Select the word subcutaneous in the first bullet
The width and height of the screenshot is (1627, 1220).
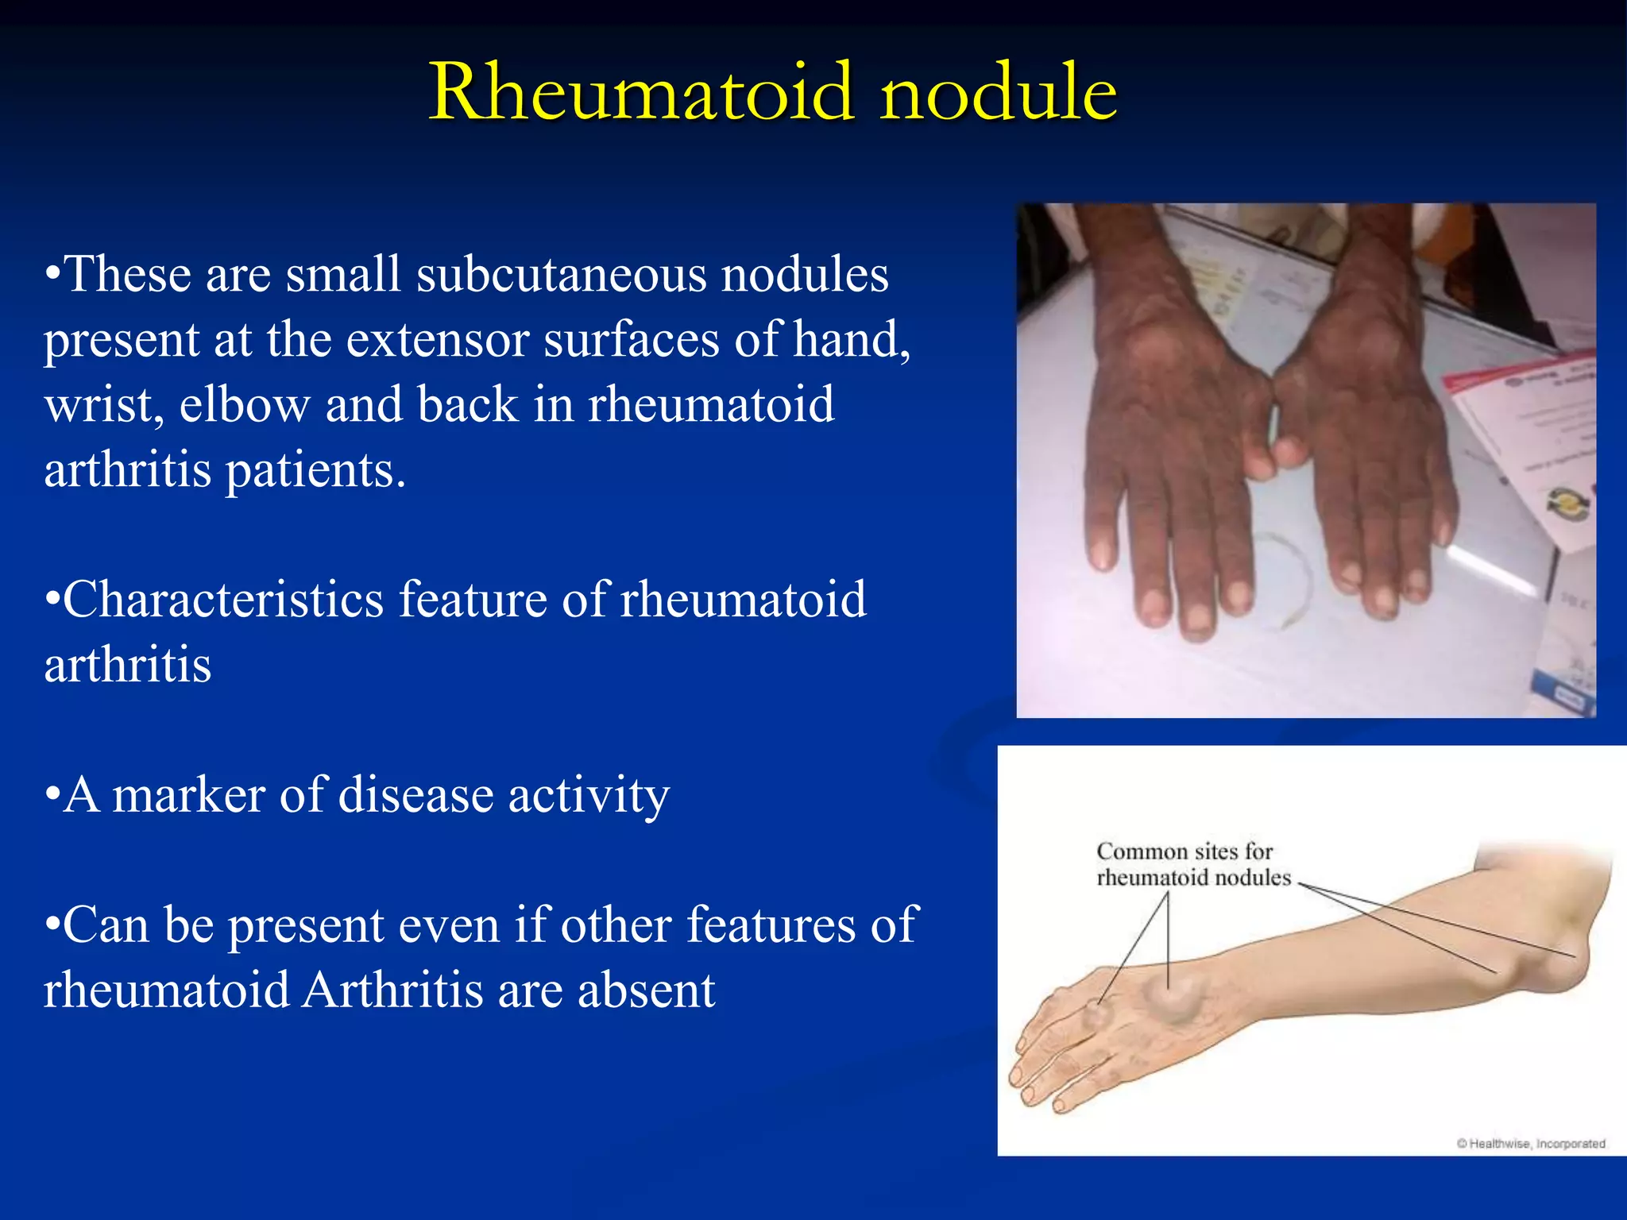561,275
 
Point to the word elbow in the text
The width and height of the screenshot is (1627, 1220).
244,405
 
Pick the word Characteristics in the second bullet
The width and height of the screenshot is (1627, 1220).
223,600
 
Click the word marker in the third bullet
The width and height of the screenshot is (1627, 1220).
188,795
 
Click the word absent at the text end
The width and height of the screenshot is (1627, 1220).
647,990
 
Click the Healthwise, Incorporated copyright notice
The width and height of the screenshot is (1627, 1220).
1530,1144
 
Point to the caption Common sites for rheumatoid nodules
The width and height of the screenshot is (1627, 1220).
1193,864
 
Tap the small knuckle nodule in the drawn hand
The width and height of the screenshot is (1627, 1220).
1098,1014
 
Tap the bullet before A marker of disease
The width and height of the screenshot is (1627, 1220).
52,795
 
